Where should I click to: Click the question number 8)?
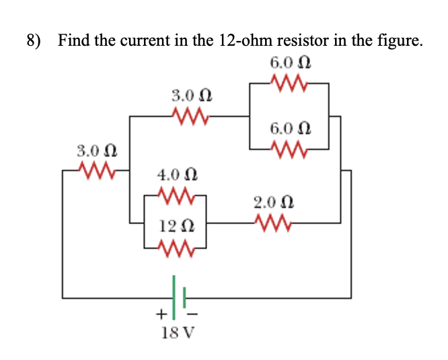coord(34,41)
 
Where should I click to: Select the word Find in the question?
coord(73,41)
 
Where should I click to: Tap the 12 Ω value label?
coord(176,227)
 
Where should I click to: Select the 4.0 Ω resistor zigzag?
coord(176,196)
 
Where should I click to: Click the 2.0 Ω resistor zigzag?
coord(274,221)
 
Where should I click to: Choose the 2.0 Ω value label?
coord(274,201)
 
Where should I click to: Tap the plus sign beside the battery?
coord(161,314)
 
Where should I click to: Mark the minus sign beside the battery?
coord(192,314)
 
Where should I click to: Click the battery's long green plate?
coord(174,296)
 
